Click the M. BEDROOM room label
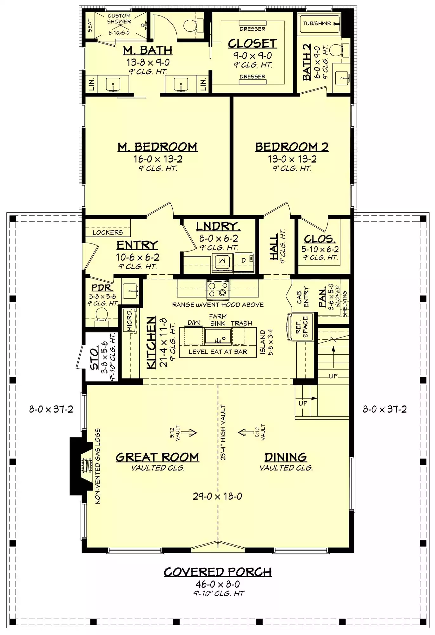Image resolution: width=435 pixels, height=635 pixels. coord(157,147)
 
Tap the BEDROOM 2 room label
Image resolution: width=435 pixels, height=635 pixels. coord(292,147)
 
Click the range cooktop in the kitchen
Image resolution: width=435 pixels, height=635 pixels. coord(218,290)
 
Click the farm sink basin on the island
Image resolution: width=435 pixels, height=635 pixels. coord(218,336)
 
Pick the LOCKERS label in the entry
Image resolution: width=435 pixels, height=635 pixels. coord(108,232)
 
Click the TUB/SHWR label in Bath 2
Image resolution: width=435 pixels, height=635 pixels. coord(316,23)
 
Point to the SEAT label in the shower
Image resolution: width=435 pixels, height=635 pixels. coord(90,25)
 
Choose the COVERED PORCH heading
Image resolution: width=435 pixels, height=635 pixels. coord(218,572)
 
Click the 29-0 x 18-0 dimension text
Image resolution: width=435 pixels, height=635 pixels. coord(217,496)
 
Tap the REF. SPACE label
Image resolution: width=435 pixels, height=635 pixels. coord(302,327)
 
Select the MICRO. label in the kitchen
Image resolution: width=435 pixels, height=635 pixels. coord(129,321)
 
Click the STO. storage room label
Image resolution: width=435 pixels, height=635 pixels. coord(95,359)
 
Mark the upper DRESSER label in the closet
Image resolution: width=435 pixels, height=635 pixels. coord(253,29)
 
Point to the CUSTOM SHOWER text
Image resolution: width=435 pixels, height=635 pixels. coord(119,19)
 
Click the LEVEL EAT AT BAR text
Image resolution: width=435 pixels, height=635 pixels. coord(218,352)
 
